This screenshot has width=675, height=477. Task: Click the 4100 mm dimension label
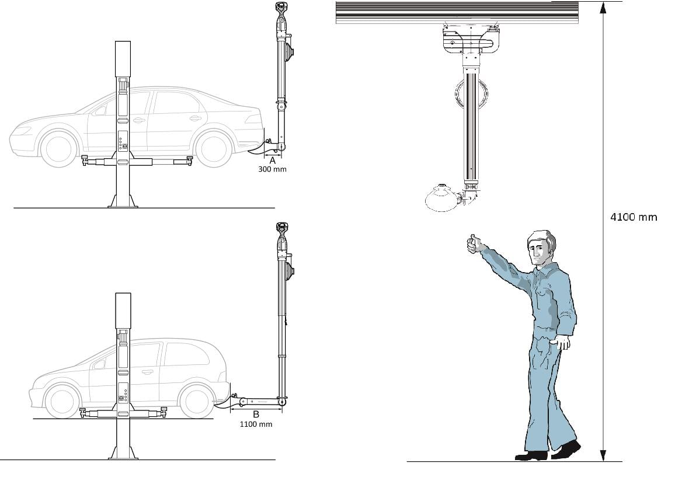(634, 217)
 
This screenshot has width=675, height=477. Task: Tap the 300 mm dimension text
(272, 169)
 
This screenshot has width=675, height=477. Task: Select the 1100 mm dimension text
(256, 424)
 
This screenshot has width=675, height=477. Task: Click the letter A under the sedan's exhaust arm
(272, 160)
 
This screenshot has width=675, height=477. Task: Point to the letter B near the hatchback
(256, 414)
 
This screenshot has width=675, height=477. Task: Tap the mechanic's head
(541, 248)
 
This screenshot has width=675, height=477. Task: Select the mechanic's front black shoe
(531, 455)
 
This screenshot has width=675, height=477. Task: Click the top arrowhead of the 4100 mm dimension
(604, 8)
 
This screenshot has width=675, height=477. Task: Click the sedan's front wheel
(59, 148)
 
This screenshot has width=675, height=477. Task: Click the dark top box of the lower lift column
(123, 311)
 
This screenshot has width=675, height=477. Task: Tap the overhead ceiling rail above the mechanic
(457, 12)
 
